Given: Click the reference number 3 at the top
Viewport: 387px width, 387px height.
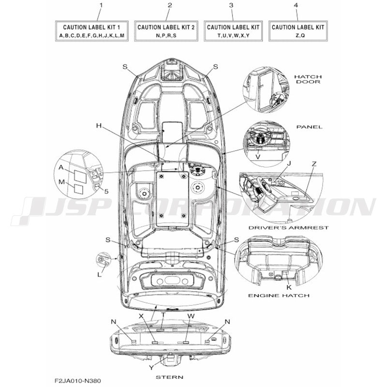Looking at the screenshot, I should [x=231, y=5].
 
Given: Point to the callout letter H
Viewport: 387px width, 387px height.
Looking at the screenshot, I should [x=99, y=126].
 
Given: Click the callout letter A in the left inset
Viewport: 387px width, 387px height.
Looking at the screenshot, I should [x=61, y=166].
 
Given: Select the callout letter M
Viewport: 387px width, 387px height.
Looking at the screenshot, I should [x=61, y=181].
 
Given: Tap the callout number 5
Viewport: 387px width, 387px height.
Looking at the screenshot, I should [x=106, y=191].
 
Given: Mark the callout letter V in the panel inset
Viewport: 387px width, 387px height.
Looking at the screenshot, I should [x=258, y=157].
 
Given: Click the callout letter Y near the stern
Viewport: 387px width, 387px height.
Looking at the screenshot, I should [x=151, y=367].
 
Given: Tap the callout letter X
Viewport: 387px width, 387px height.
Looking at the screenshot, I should [x=141, y=315].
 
